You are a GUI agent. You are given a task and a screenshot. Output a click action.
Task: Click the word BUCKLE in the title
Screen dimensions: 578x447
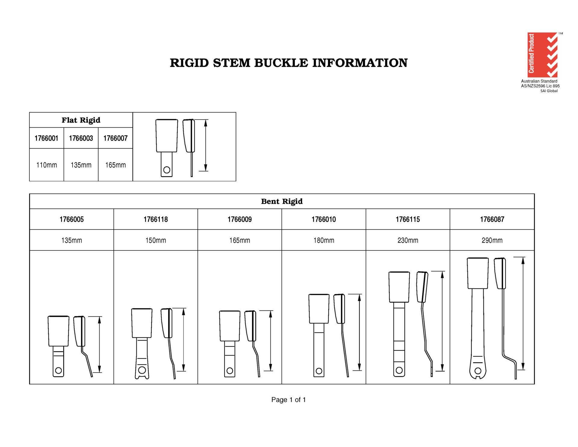click(281, 63)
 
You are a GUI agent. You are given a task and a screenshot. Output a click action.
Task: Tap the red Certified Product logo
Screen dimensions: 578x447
click(542, 55)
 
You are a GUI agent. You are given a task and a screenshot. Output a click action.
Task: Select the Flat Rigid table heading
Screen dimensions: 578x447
click(81, 120)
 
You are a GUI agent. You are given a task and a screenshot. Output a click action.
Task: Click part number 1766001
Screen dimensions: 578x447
click(46, 138)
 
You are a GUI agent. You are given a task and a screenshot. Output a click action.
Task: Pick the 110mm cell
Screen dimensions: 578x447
click(47, 165)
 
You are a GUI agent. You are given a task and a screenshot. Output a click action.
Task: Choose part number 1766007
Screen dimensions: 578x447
click(116, 138)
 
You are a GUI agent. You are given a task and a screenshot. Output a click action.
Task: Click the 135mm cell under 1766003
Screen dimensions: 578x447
click(81, 165)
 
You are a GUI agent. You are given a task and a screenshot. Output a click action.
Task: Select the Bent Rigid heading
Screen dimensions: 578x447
click(282, 201)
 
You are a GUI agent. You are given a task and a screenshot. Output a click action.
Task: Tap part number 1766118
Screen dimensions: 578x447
click(156, 219)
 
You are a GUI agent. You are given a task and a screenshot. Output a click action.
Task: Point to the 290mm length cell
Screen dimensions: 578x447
click(492, 240)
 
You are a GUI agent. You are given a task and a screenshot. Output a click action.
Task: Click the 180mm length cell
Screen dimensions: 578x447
click(324, 240)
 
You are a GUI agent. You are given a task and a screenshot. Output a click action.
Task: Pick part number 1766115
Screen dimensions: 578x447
click(408, 219)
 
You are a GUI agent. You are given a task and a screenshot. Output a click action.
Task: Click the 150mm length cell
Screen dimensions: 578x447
click(156, 240)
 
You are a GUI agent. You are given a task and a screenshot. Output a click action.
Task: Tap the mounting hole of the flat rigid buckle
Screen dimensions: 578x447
click(167, 170)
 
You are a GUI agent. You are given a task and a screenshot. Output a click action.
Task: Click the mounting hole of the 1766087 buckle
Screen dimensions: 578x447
click(478, 371)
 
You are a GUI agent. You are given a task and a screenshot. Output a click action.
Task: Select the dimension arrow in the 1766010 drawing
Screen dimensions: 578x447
click(359, 332)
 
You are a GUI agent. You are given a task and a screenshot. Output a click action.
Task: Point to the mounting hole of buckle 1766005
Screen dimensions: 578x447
click(58, 370)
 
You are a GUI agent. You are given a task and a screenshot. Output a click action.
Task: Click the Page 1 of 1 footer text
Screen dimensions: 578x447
click(288, 400)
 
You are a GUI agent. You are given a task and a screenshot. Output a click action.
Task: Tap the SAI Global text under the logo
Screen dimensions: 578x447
click(549, 91)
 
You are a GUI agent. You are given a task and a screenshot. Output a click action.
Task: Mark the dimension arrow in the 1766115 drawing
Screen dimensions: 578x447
click(442, 321)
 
